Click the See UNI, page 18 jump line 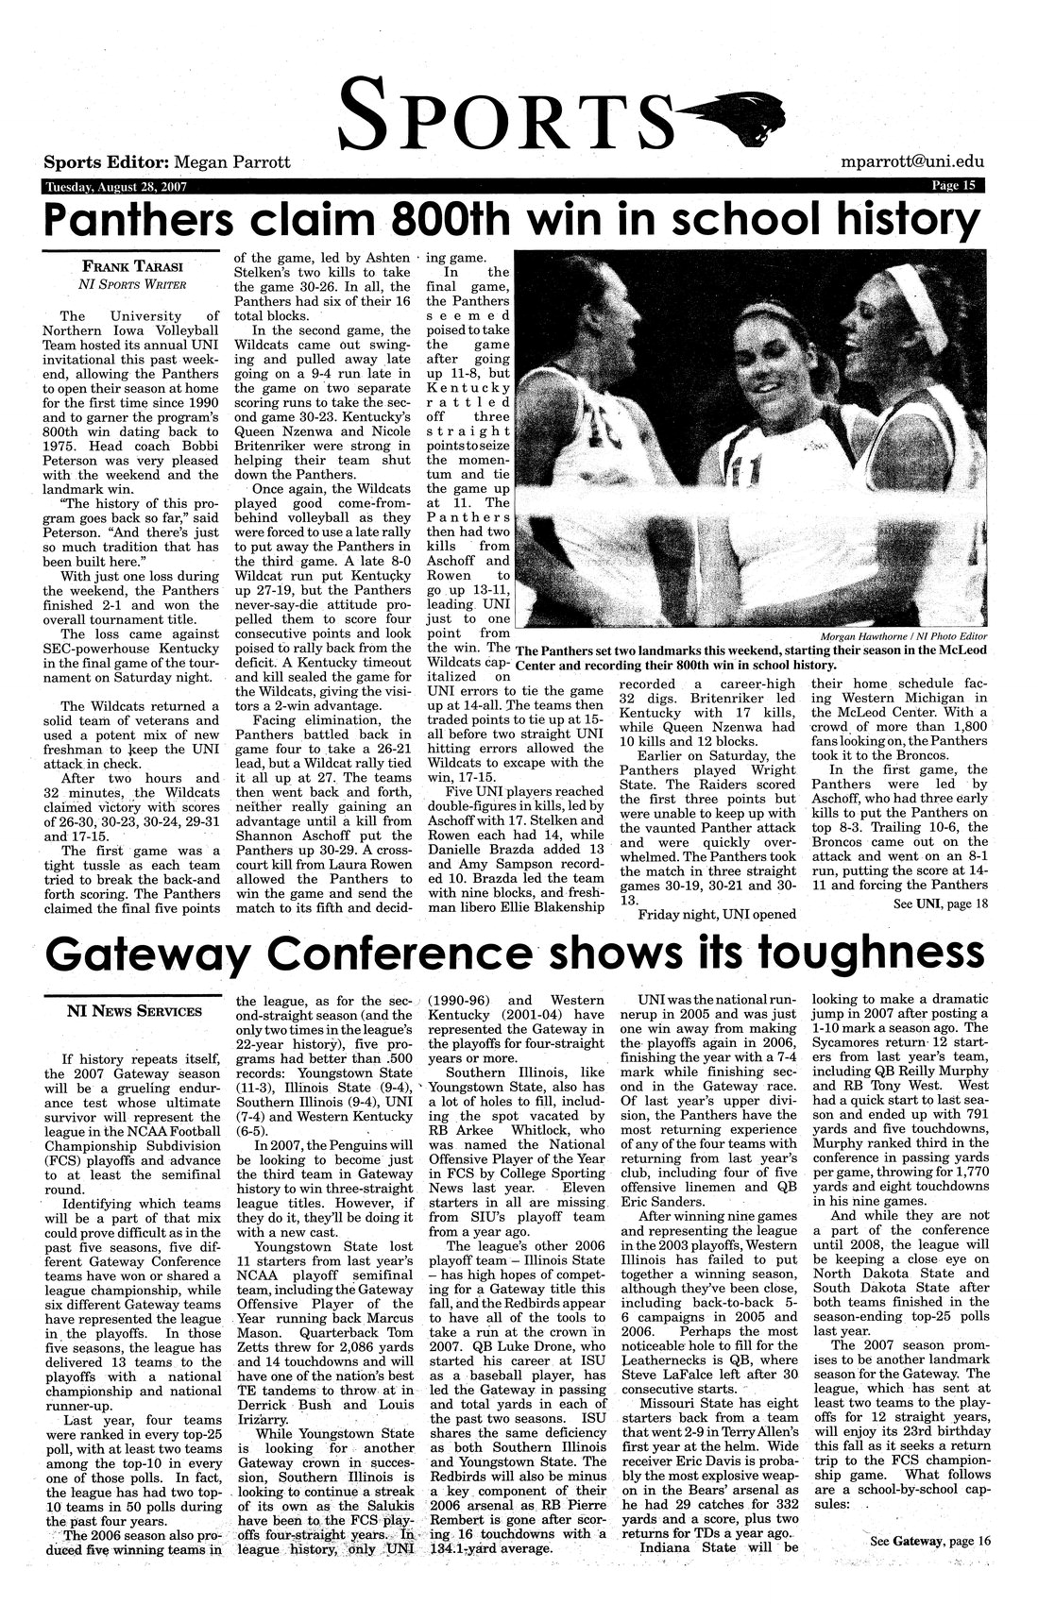pyautogui.click(x=939, y=903)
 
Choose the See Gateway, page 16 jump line pyautogui.click(x=930, y=1541)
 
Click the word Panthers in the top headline pyautogui.click(x=139, y=220)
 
